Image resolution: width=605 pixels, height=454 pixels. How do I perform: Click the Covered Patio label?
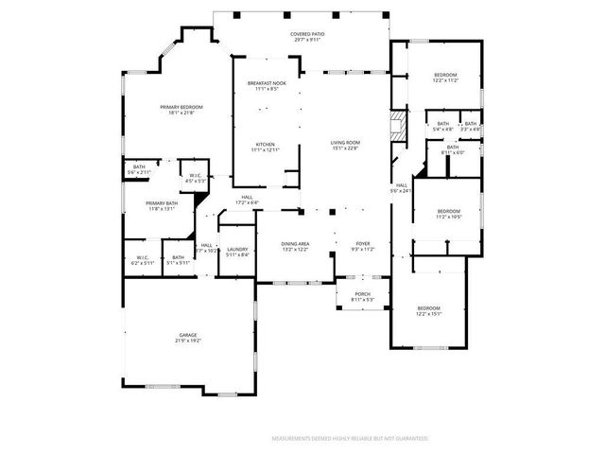pyautogui.click(x=308, y=37)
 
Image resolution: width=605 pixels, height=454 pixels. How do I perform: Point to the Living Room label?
pyautogui.click(x=345, y=145)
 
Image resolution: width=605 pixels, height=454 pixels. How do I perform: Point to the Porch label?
pyautogui.click(x=363, y=296)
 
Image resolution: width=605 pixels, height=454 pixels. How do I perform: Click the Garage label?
pyautogui.click(x=189, y=337)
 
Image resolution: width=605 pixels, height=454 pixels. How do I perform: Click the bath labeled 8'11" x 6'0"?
pyautogui.click(x=452, y=149)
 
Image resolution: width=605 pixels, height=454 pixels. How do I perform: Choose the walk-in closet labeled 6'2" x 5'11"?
pyautogui.click(x=143, y=259)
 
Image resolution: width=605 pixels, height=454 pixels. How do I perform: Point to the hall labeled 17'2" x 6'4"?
pyautogui.click(x=247, y=200)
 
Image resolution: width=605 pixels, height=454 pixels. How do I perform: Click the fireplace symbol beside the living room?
pyautogui.click(x=398, y=125)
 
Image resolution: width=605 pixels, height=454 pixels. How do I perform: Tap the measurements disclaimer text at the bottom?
pyautogui.click(x=350, y=439)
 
